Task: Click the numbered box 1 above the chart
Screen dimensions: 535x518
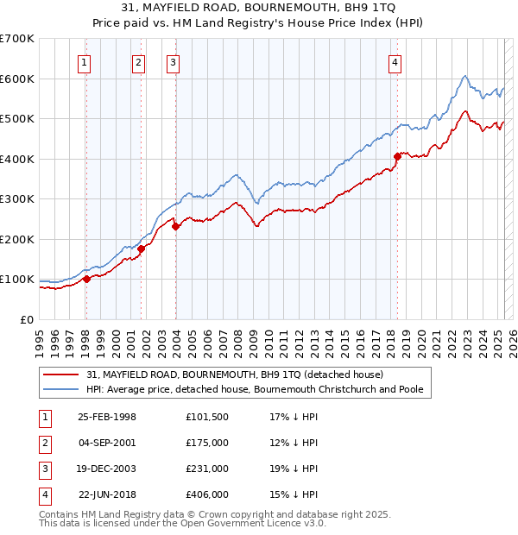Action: (x=85, y=61)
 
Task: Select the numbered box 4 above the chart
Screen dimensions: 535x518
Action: (x=394, y=61)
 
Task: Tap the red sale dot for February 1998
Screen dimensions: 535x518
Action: (x=86, y=279)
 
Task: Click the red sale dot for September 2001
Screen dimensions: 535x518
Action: (x=141, y=249)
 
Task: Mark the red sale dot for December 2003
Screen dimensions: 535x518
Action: (x=175, y=227)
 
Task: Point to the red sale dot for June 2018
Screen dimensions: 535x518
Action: (x=398, y=156)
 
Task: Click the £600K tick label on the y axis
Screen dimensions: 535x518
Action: (x=17, y=79)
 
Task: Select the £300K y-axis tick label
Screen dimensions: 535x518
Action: (x=17, y=199)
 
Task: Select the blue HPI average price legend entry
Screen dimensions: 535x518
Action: (x=255, y=390)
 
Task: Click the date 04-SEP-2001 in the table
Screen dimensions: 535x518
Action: (x=107, y=444)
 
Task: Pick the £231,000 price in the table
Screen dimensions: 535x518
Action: (x=207, y=469)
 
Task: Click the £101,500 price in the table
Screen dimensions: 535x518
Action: (x=207, y=418)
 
